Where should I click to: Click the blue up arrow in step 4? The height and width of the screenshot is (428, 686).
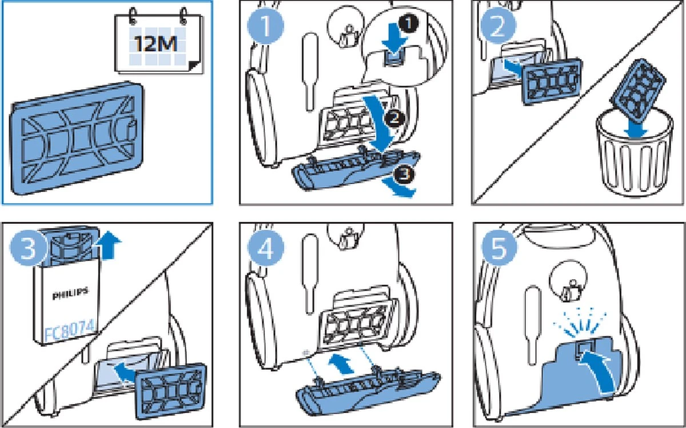click(343, 363)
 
